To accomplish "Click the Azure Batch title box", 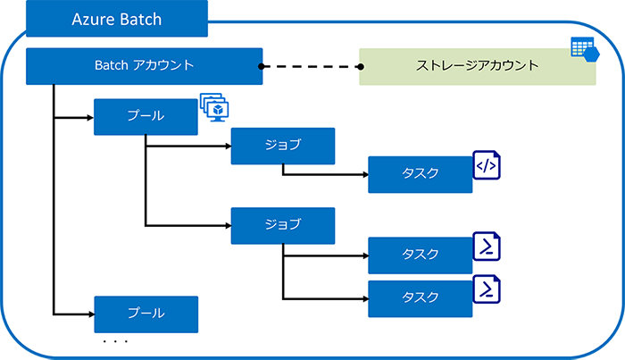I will [x=116, y=19].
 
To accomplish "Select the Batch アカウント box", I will [x=144, y=66].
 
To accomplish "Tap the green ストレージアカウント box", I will [x=478, y=66].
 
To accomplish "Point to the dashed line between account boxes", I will [x=311, y=66].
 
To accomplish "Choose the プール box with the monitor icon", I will [x=146, y=117].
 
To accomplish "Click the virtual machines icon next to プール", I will [x=214, y=107].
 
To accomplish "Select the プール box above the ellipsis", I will [x=146, y=314].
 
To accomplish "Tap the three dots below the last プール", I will [x=115, y=342].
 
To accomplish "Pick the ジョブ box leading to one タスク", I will [x=282, y=146].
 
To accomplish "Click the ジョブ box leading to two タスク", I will [x=282, y=225].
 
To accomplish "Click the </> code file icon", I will [x=487, y=165].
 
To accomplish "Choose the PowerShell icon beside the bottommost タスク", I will [x=487, y=289].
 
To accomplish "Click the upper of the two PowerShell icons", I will [x=487, y=246].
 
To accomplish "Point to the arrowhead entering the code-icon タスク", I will [x=363, y=174].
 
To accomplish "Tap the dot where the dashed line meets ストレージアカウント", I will [x=361, y=66].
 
